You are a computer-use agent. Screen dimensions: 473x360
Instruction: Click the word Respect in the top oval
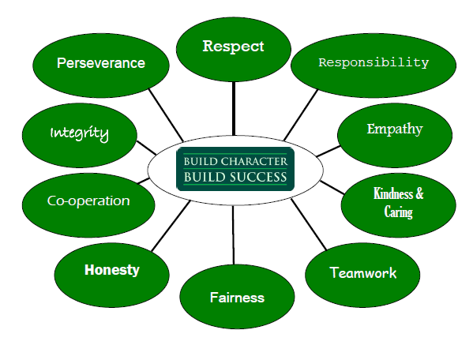click(233, 47)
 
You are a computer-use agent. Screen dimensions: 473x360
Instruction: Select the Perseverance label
click(101, 63)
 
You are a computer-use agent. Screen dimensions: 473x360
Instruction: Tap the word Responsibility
click(374, 62)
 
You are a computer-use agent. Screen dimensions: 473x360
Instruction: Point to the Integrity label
click(79, 133)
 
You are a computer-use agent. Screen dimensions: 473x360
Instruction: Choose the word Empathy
click(395, 129)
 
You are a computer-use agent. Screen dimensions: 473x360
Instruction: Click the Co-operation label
click(88, 201)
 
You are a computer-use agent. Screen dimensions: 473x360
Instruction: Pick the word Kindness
click(392, 193)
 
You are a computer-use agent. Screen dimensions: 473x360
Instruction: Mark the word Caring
click(398, 212)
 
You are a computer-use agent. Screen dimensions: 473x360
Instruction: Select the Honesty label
click(112, 270)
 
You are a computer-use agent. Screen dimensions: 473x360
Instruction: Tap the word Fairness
click(237, 298)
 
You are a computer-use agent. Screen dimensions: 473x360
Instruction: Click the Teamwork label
click(363, 272)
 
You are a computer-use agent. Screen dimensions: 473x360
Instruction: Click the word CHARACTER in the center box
click(254, 162)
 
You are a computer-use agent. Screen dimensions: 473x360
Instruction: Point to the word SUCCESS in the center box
click(258, 177)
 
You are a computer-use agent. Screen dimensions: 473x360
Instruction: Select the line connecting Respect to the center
click(234, 108)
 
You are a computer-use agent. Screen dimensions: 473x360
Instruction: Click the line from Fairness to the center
click(233, 235)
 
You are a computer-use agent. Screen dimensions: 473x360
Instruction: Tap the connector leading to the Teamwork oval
click(309, 224)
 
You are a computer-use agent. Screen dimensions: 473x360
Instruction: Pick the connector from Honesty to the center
click(171, 226)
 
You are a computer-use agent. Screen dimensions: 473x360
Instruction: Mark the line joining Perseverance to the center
click(166, 114)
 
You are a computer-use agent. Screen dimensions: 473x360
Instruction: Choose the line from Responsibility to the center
click(301, 115)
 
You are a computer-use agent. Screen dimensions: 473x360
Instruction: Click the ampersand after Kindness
click(419, 193)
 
